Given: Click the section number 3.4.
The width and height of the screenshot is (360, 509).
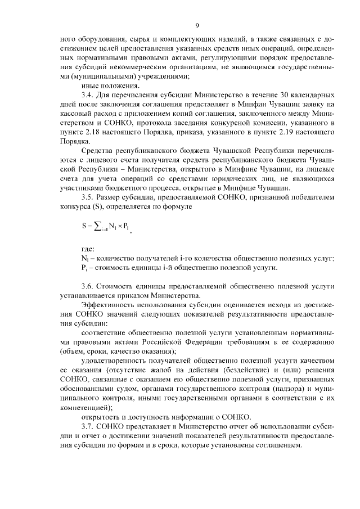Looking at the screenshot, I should pos(88,96).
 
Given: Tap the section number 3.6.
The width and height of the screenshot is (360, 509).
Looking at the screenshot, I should pos(88,286).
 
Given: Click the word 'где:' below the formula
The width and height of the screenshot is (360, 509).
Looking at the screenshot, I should pos(88,248).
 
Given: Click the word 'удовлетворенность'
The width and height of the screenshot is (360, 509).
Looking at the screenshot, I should pos(115,359).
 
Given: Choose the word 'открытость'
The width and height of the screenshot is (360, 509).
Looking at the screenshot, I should pos(101,416).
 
